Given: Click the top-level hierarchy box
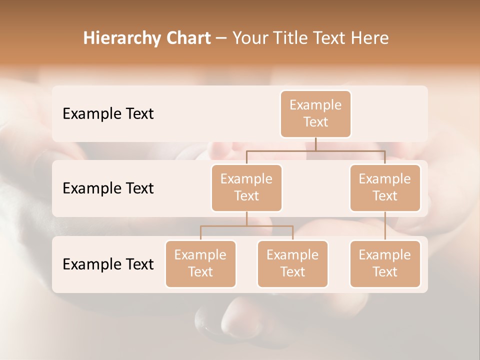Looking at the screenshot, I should click(x=315, y=114).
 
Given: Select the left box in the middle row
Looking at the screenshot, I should click(x=246, y=188).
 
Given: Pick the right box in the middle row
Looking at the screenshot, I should click(x=385, y=188).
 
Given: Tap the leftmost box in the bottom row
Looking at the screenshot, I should click(x=200, y=264).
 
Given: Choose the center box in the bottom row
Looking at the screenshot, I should click(x=292, y=264).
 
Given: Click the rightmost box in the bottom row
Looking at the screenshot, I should click(x=385, y=264).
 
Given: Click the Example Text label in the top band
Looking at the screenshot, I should click(x=108, y=114).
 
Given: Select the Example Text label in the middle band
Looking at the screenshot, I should click(x=108, y=188).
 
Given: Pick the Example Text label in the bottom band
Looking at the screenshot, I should click(x=108, y=264).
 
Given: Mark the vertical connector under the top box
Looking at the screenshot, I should click(x=315, y=144).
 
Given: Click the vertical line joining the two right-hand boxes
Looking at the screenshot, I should click(x=385, y=226).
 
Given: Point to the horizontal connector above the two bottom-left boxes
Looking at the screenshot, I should click(x=246, y=226).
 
